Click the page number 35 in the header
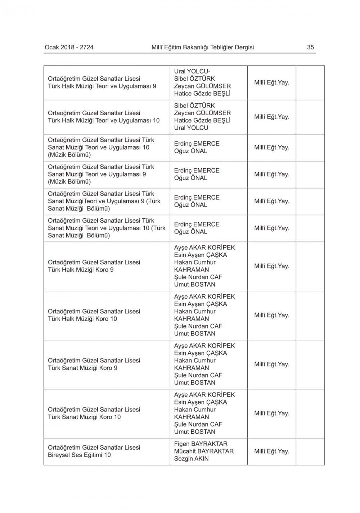tap(310, 47)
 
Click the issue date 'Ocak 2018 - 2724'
tap(69, 47)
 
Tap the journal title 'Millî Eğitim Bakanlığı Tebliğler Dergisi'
tap(203, 47)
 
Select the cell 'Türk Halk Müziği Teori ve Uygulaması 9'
tap(102, 86)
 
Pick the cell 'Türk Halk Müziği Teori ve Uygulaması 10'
tap(104, 120)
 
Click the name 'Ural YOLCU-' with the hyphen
tap(192, 71)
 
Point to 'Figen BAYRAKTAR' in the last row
tap(201, 444)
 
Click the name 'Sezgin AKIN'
tap(191, 459)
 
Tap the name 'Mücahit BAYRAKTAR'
tap(204, 451)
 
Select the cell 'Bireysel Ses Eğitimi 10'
tap(79, 455)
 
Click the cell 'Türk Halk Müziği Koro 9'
tap(81, 270)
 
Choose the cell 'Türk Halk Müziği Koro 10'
tap(82, 319)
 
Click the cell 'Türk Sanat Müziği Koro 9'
tap(83, 368)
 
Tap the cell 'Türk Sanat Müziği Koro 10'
tap(84, 417)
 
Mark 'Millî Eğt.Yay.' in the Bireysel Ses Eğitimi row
tap(271, 451)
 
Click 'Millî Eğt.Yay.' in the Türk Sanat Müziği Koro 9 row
tap(271, 364)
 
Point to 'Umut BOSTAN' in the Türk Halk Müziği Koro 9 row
tap(195, 284)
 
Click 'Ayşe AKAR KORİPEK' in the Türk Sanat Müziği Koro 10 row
tap(204, 395)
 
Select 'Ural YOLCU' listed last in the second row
tap(191, 128)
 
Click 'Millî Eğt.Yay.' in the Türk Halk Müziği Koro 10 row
tap(271, 315)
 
